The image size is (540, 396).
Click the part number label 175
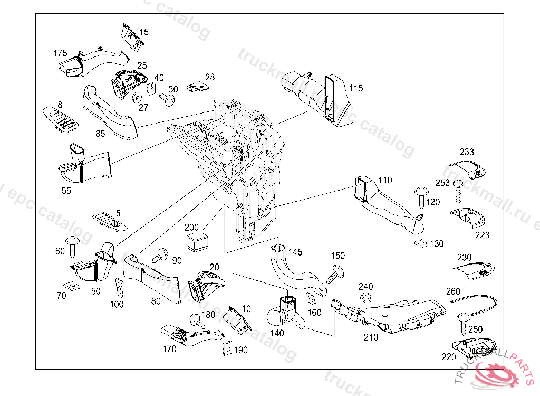pyautogui.click(x=60, y=53)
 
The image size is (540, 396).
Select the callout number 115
pyautogui.click(x=356, y=88)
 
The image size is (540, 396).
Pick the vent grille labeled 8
pyautogui.click(x=61, y=121)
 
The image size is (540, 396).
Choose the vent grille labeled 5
pyautogui.click(x=110, y=222)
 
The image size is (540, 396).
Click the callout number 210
pyautogui.click(x=371, y=337)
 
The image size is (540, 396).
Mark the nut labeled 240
pyautogui.click(x=364, y=298)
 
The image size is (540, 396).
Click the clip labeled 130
pyautogui.click(x=421, y=243)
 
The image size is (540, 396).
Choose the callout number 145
pyautogui.click(x=295, y=252)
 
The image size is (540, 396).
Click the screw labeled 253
pyautogui.click(x=458, y=192)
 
